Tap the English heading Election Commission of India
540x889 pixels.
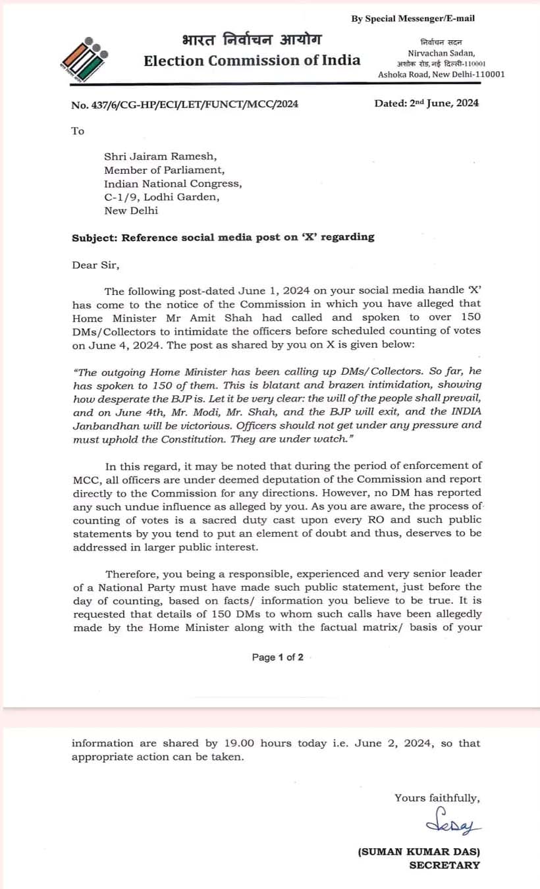(252, 61)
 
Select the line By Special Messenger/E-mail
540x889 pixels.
(413, 18)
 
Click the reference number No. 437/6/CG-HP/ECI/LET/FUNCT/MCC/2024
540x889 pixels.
(184, 103)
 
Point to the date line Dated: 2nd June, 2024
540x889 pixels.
(426, 103)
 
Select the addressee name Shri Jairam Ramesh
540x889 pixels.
(160, 156)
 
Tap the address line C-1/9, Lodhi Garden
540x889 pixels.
(162, 197)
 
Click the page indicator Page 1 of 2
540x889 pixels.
(277, 657)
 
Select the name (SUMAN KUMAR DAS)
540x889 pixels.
(419, 852)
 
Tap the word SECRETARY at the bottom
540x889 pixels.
(445, 865)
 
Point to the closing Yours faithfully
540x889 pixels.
(437, 797)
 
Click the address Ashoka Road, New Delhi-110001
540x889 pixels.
(441, 74)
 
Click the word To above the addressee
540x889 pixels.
(78, 131)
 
